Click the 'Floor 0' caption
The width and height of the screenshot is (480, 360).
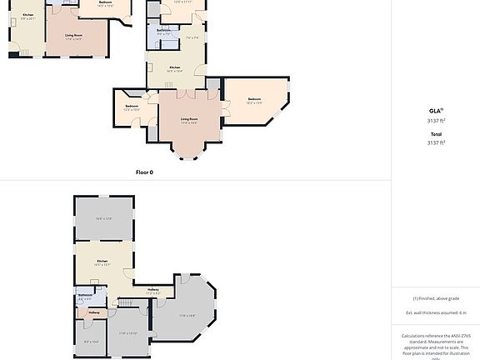tap(145, 172)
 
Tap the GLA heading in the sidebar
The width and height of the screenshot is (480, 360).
tap(435, 110)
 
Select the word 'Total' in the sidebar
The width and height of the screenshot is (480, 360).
tap(436, 134)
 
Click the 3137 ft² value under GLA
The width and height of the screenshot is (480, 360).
tap(436, 119)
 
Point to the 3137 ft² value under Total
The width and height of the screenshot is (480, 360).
tap(436, 142)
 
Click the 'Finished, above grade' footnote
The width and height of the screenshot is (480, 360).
tap(435, 298)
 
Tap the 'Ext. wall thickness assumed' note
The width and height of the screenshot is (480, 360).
tap(435, 312)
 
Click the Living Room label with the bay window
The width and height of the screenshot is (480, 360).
tap(189, 119)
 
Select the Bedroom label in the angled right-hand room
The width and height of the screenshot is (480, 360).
tap(254, 99)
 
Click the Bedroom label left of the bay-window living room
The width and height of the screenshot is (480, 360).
tap(132, 106)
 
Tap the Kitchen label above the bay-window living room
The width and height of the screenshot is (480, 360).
tap(175, 67)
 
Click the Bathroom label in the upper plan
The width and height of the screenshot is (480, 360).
tap(163, 30)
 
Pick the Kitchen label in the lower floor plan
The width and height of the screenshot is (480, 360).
tap(102, 261)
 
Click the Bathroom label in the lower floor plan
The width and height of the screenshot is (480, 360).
tap(85, 295)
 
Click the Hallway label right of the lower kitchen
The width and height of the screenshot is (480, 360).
tap(152, 289)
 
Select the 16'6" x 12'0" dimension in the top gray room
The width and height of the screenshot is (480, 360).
tap(103, 218)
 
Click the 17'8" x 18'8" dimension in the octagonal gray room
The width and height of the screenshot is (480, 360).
tap(187, 315)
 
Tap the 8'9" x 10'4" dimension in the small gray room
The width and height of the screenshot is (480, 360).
tap(91, 341)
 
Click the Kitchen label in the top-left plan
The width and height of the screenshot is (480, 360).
tap(28, 15)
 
